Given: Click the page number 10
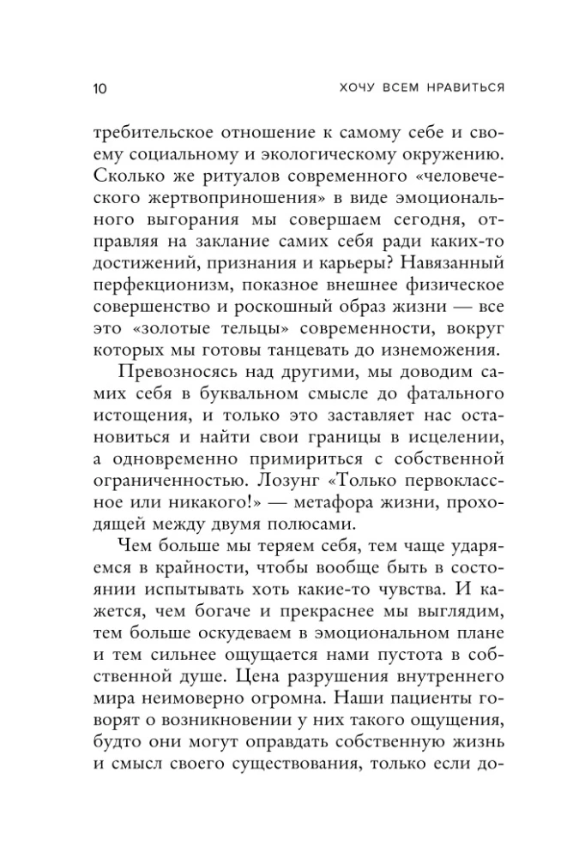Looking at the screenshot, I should tap(95, 88).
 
